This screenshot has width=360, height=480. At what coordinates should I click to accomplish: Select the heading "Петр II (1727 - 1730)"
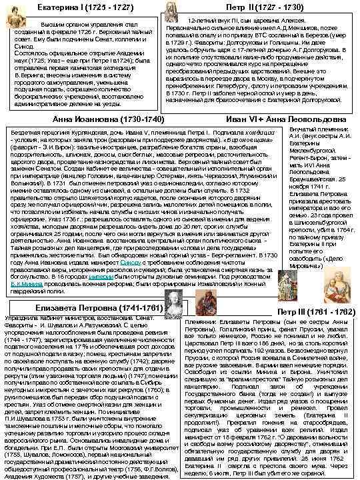(253, 7)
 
